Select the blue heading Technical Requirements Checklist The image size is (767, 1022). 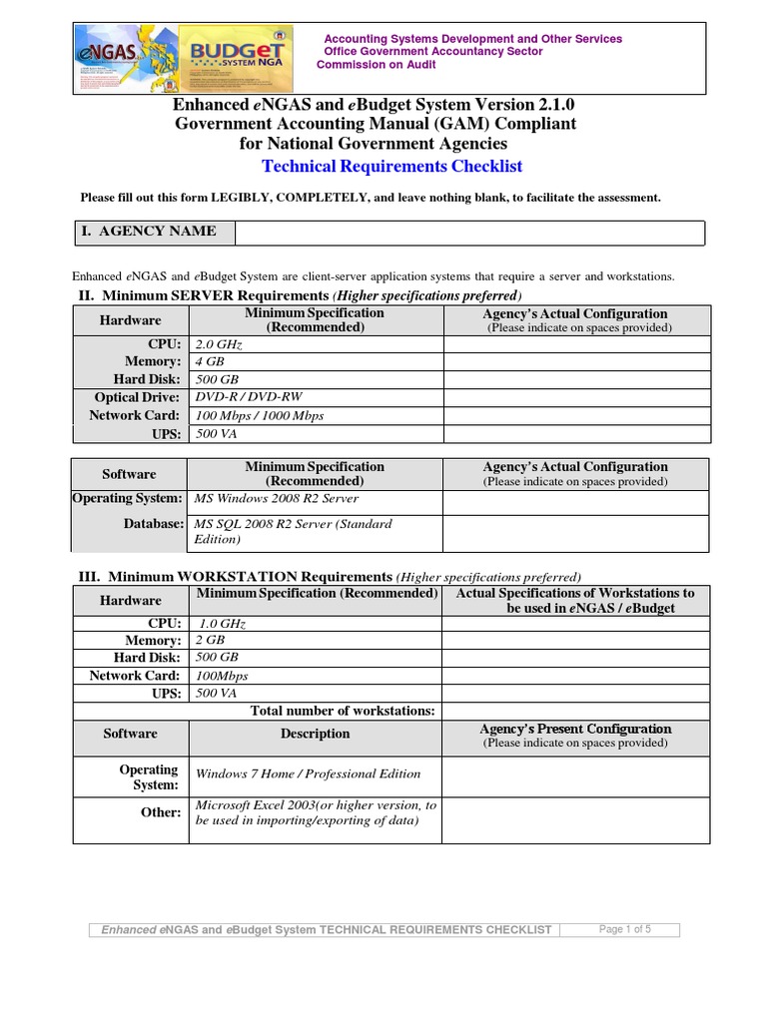tap(391, 166)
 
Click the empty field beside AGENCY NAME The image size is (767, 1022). tap(469, 233)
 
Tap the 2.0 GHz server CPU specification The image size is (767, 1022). tap(220, 344)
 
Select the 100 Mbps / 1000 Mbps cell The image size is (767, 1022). tap(260, 415)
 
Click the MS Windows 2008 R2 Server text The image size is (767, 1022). tap(277, 498)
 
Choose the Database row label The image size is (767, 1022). tap(154, 524)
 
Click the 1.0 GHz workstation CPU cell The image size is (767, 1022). tap(222, 623)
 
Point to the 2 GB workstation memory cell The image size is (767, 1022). tap(210, 640)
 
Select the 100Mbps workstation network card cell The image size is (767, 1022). tap(222, 676)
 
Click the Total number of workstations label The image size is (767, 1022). tap(343, 711)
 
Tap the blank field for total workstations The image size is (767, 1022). tap(575, 711)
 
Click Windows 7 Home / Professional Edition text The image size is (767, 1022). tap(308, 773)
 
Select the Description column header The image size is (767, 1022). tap(315, 734)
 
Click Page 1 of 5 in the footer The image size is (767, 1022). tap(624, 929)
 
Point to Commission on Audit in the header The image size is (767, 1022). tap(377, 65)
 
